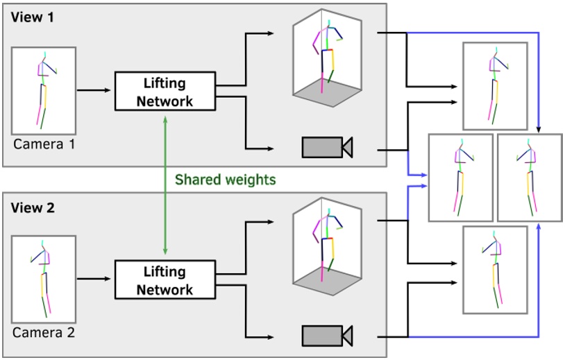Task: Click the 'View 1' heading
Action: click(32, 17)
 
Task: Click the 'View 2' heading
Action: click(32, 207)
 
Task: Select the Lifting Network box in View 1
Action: click(165, 92)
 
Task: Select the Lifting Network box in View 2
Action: click(165, 280)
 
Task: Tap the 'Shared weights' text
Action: click(225, 180)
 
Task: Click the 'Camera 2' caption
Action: click(43, 333)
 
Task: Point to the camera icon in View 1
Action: click(327, 147)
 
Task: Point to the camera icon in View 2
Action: click(327, 336)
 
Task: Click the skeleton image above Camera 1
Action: click(44, 90)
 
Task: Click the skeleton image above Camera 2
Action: click(44, 279)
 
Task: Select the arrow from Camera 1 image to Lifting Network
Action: click(94, 90)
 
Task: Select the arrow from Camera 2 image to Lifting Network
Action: click(94, 280)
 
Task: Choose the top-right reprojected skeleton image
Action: click(496, 86)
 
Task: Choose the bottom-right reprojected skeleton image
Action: click(496, 269)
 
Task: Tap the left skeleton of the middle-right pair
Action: click(461, 178)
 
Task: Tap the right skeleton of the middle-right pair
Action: click(530, 178)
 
